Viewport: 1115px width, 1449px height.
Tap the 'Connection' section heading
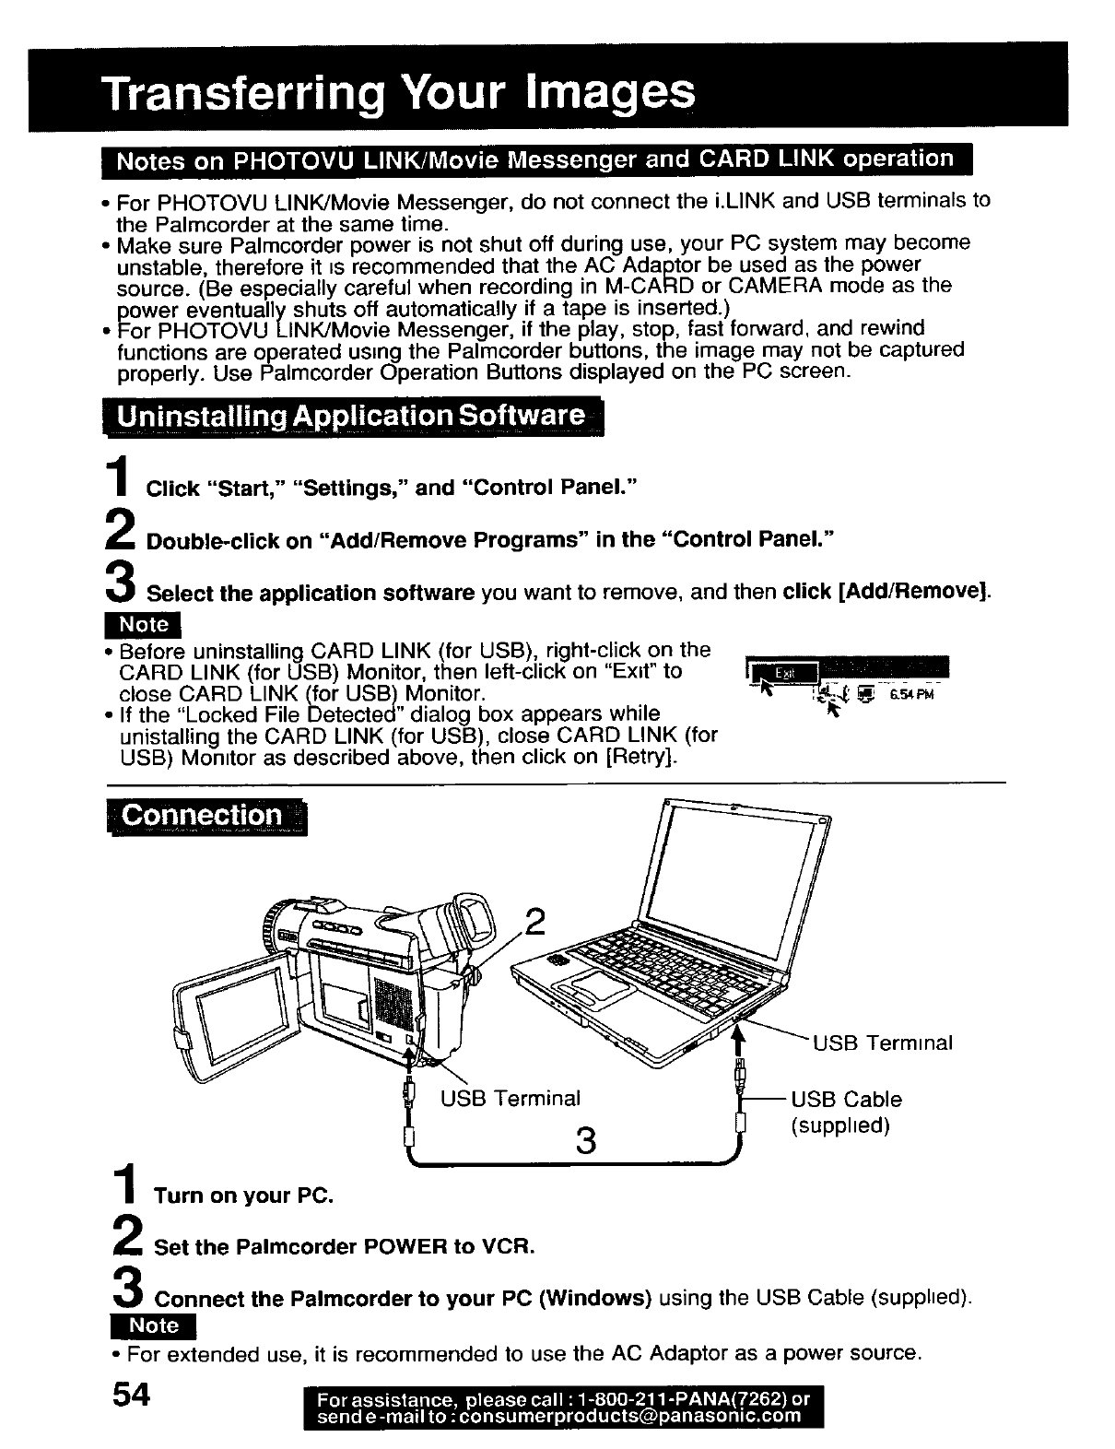tap(204, 816)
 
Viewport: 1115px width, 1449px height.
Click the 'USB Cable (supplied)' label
tap(845, 1112)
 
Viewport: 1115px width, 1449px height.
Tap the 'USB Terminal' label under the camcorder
tap(510, 1098)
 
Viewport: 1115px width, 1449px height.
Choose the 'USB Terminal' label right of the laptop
tap(882, 1043)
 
